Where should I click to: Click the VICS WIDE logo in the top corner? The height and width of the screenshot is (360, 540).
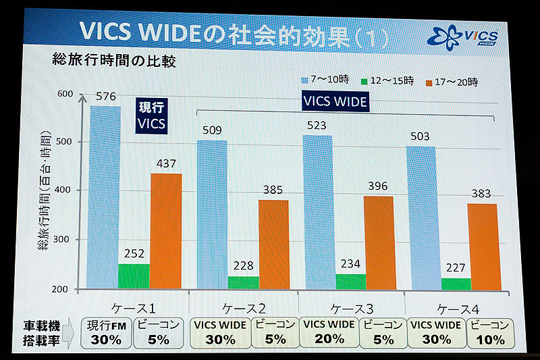pyautogui.click(x=464, y=36)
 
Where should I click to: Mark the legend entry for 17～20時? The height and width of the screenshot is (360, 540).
pyautogui.click(x=453, y=82)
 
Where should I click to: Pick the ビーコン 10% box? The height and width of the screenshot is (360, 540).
pyautogui.click(x=490, y=332)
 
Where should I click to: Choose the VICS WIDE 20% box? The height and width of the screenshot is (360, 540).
pyautogui.click(x=327, y=332)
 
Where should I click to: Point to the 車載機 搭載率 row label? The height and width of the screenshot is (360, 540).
pyautogui.click(x=46, y=332)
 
